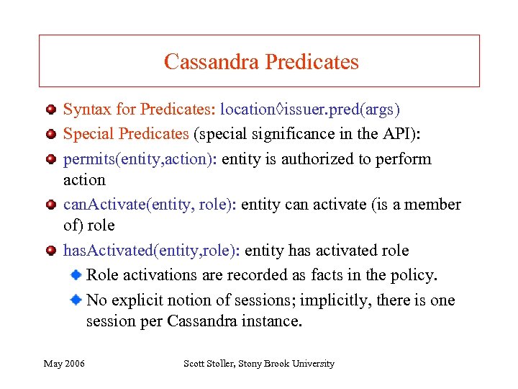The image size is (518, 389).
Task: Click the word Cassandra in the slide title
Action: pos(212,62)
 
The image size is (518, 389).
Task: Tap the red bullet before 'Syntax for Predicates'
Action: pos(50,110)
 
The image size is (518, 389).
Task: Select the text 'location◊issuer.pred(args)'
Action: pos(310,109)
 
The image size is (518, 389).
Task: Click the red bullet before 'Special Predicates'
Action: pos(50,134)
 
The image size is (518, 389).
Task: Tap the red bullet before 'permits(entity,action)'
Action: pos(50,158)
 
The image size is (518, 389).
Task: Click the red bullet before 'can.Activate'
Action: pos(50,205)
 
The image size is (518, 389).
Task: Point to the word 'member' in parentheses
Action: pos(427,205)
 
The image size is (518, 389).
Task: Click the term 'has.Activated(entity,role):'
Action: pos(152,251)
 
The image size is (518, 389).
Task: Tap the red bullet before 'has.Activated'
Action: pos(50,251)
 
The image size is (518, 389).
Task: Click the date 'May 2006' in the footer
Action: pos(64,364)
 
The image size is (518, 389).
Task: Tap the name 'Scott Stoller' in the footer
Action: pos(209,364)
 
